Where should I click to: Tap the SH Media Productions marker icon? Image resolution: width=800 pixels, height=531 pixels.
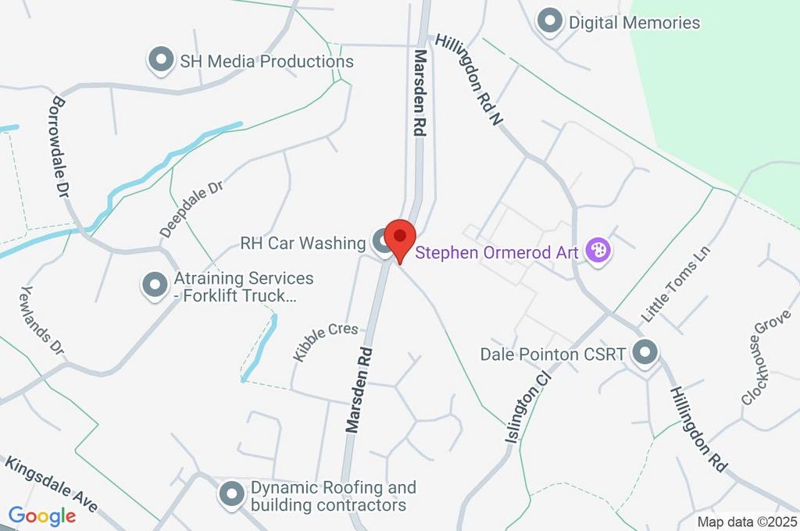[x=161, y=61]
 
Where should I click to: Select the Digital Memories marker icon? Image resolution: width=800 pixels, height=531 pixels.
[x=551, y=22]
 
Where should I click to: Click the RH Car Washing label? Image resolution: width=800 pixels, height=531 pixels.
[x=303, y=244]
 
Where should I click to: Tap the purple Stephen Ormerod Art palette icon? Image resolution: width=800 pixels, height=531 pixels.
[x=598, y=251]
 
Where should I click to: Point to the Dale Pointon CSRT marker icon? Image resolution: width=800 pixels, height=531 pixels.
[x=645, y=354]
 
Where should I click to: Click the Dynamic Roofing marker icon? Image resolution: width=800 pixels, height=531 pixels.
[x=231, y=494]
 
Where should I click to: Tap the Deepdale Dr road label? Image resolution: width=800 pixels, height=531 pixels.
[x=192, y=209]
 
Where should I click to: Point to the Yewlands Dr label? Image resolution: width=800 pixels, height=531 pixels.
[x=41, y=323]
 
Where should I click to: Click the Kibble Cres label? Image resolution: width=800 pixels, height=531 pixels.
[x=326, y=341]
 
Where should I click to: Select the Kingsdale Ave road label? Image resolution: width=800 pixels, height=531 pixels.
[x=52, y=484]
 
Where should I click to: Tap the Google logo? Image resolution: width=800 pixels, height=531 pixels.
[x=42, y=515]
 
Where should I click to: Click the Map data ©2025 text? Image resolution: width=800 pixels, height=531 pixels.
[x=747, y=522]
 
